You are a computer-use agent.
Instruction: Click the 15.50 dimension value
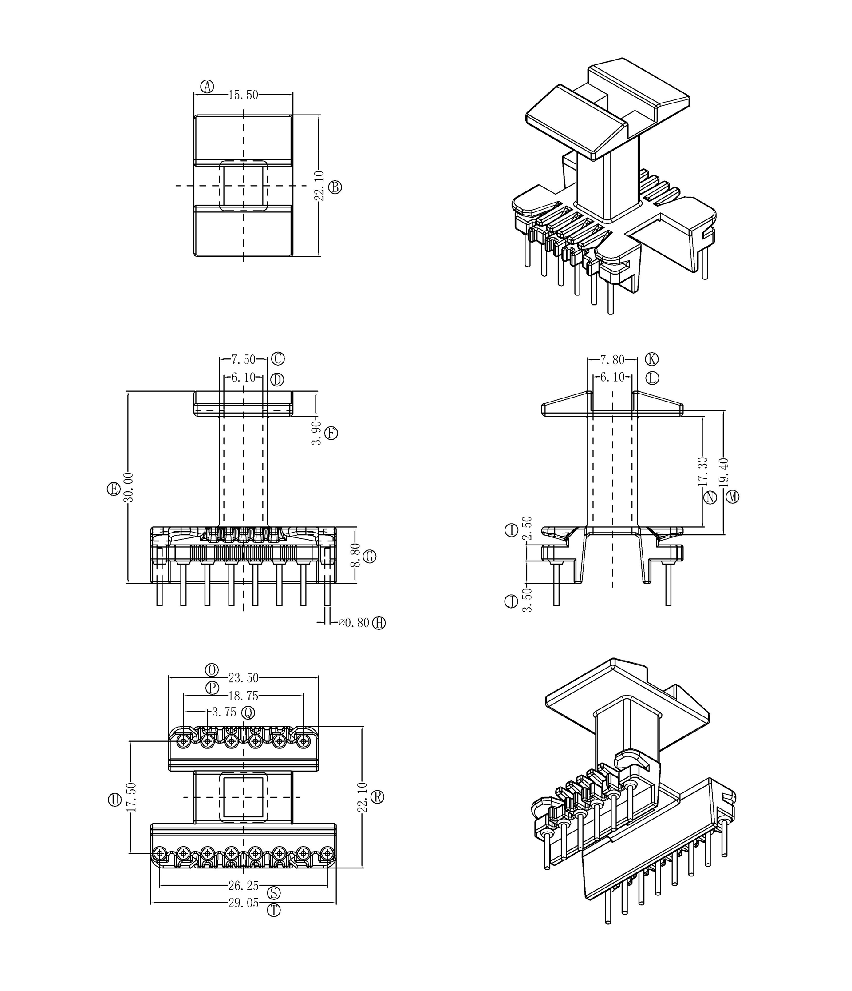click(243, 95)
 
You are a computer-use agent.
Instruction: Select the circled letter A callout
click(207, 87)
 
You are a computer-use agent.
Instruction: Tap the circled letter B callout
click(335, 187)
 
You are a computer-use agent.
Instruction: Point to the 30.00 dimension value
click(129, 487)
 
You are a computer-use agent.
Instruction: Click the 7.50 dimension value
click(243, 359)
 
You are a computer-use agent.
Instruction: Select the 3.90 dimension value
click(316, 433)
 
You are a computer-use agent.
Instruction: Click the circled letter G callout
click(369, 556)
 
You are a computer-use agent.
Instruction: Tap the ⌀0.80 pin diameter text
click(354, 623)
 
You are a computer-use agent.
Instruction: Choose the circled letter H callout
click(379, 623)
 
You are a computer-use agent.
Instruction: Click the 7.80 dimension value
click(612, 360)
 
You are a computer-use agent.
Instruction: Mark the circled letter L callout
click(652, 378)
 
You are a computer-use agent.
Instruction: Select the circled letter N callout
click(710, 497)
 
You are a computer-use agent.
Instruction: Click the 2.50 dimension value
click(527, 528)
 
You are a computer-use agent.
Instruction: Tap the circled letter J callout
click(511, 601)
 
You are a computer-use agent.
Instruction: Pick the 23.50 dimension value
click(243, 678)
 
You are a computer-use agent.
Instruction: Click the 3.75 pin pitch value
click(224, 712)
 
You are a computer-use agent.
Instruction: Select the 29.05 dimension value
click(243, 903)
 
